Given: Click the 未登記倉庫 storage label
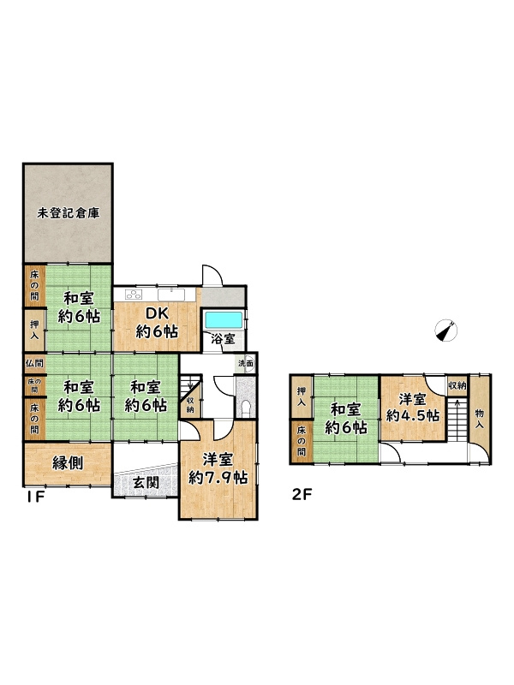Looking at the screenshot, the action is click(69, 213).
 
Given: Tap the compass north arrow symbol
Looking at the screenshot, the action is click(446, 331).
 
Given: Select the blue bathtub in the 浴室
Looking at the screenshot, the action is click(224, 320).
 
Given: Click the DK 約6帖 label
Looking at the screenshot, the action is click(157, 323).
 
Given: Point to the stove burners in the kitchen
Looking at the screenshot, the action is click(134, 294).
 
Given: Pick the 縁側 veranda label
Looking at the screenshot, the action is click(68, 462).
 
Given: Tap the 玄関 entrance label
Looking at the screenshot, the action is click(146, 483).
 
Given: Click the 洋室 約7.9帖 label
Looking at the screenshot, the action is click(218, 468).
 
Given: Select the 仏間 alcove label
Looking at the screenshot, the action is click(34, 362).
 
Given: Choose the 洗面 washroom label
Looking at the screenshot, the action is click(246, 362).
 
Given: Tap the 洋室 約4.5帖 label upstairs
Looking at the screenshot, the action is click(413, 408).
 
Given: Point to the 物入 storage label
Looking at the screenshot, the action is click(480, 418).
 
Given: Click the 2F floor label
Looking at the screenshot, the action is click(302, 495).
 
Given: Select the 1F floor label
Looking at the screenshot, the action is click(33, 497).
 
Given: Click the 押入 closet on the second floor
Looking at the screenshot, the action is click(302, 396).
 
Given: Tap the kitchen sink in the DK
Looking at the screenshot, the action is click(170, 294).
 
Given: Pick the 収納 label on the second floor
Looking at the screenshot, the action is click(457, 386).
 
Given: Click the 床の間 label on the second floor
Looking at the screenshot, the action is click(302, 441).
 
